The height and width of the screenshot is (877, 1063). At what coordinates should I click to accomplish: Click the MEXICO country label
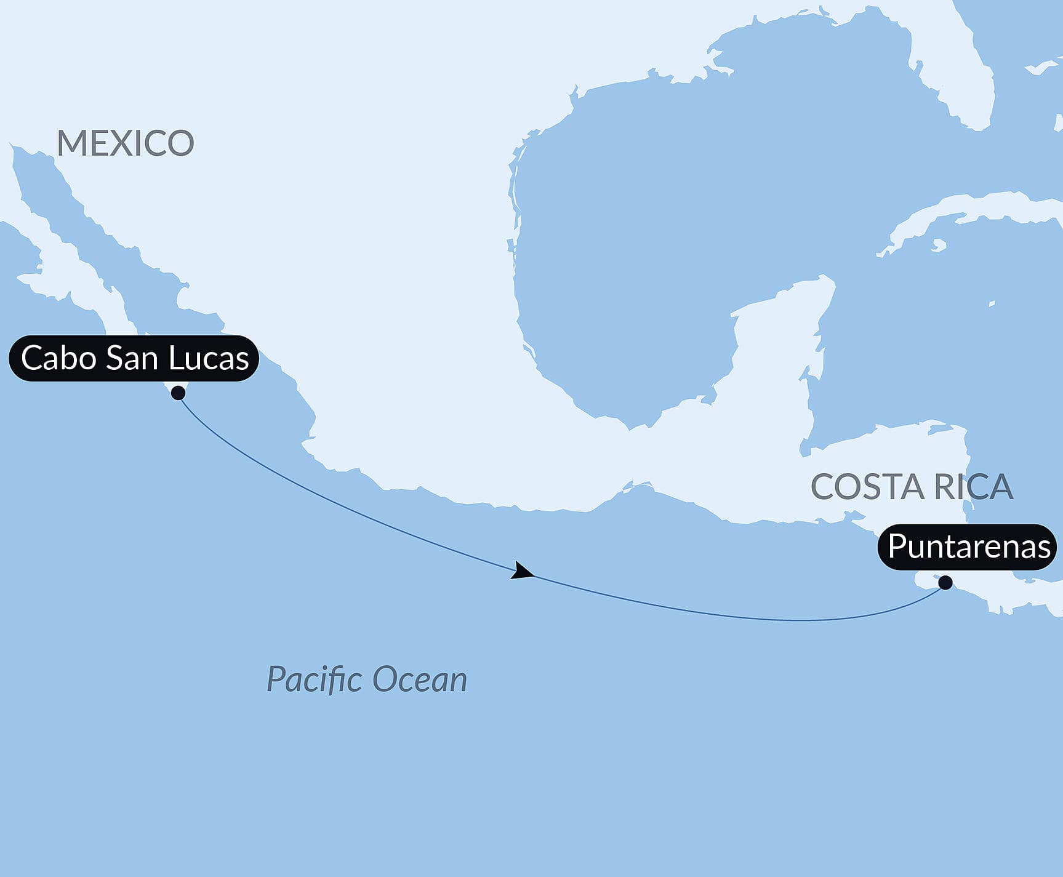(x=126, y=143)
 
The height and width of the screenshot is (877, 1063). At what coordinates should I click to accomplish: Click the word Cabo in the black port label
(x=58, y=358)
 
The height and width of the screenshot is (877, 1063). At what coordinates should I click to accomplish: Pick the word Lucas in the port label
(x=209, y=358)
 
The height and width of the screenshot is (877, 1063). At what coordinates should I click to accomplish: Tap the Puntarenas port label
(x=968, y=547)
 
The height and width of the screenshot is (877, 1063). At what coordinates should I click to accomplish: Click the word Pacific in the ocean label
(x=314, y=679)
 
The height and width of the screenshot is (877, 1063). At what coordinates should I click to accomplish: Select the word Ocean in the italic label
(x=420, y=679)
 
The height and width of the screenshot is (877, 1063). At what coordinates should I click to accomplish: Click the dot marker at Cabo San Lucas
(x=179, y=393)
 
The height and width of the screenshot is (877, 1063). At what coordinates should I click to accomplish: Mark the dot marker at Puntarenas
(x=945, y=582)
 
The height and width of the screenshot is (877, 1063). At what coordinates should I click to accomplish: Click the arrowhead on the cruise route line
(x=522, y=572)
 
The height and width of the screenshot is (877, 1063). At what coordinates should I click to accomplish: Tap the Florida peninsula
(x=966, y=92)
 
